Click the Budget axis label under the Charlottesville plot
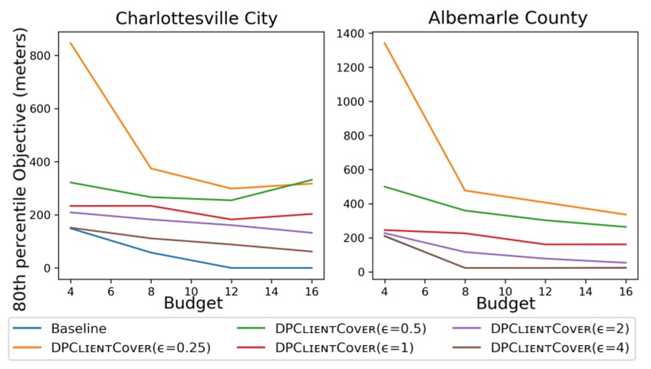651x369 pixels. click(193, 304)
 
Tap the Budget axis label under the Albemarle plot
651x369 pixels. click(505, 304)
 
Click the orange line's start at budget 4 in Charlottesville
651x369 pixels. click(71, 43)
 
